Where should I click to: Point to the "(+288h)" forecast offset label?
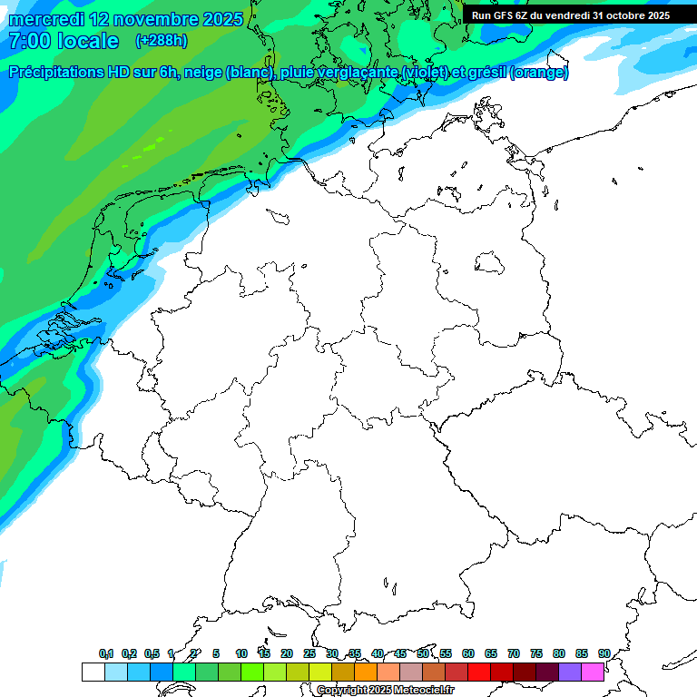(161, 41)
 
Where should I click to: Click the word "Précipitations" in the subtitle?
(68, 73)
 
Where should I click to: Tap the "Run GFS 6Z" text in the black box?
(504, 15)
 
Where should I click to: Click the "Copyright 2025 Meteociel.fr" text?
(385, 691)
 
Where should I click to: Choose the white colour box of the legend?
(93, 672)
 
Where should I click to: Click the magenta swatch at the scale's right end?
(593, 672)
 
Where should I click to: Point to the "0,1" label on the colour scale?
(106, 654)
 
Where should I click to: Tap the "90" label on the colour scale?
(604, 654)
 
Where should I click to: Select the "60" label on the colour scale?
(468, 654)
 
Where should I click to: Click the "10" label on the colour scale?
(241, 654)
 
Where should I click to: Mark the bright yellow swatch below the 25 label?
(320, 672)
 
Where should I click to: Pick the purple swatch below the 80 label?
(570, 672)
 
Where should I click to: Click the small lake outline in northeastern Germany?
(490, 264)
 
